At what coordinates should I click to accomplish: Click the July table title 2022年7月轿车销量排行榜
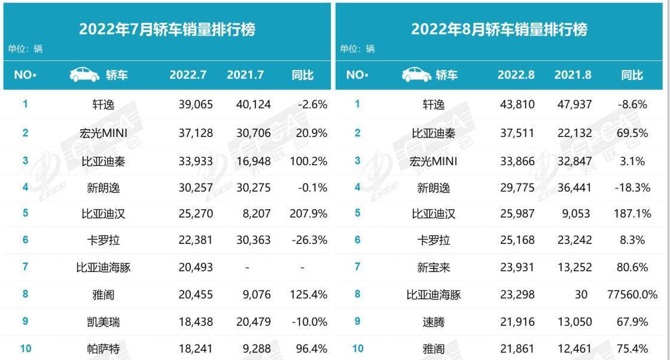click(x=167, y=29)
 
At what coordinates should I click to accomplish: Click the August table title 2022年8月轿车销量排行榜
click(x=499, y=29)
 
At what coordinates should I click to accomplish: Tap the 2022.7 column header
click(x=188, y=75)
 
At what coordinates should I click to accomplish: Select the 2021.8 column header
click(x=573, y=75)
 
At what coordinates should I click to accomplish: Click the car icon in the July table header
click(x=84, y=75)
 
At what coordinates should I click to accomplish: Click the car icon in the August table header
click(x=416, y=75)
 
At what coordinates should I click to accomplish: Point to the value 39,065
click(x=196, y=105)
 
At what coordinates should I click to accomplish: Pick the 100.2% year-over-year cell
click(x=309, y=161)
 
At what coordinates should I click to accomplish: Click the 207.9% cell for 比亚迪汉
click(x=309, y=213)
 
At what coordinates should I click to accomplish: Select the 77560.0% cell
click(x=632, y=294)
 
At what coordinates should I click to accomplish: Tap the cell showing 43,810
click(x=517, y=105)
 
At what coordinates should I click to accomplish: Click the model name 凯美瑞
click(x=103, y=322)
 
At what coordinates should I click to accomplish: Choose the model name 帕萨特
click(x=103, y=349)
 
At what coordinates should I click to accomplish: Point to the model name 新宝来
click(x=434, y=267)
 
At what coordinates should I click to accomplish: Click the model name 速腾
click(x=434, y=322)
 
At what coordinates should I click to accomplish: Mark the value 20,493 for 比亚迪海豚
click(x=196, y=267)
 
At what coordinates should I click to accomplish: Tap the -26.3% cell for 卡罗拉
click(x=309, y=240)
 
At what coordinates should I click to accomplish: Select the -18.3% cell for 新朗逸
click(x=632, y=187)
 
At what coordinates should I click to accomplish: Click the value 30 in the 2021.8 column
click(x=581, y=294)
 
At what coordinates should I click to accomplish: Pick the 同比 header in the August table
click(x=632, y=75)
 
